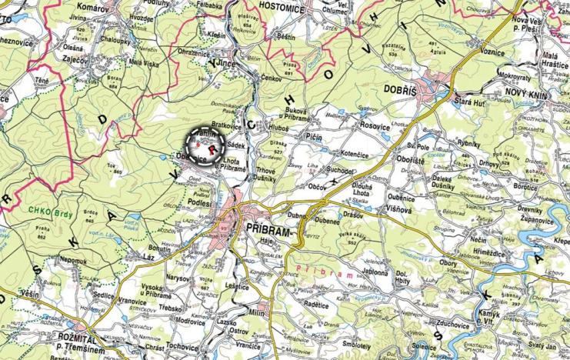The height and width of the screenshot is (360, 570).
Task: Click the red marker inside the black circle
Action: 205,144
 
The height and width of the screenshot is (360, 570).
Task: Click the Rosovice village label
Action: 375,125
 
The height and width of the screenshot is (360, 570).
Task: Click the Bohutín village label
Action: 160,249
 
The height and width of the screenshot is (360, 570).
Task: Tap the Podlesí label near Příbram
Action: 199,202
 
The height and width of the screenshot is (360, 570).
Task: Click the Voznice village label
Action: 492,51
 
